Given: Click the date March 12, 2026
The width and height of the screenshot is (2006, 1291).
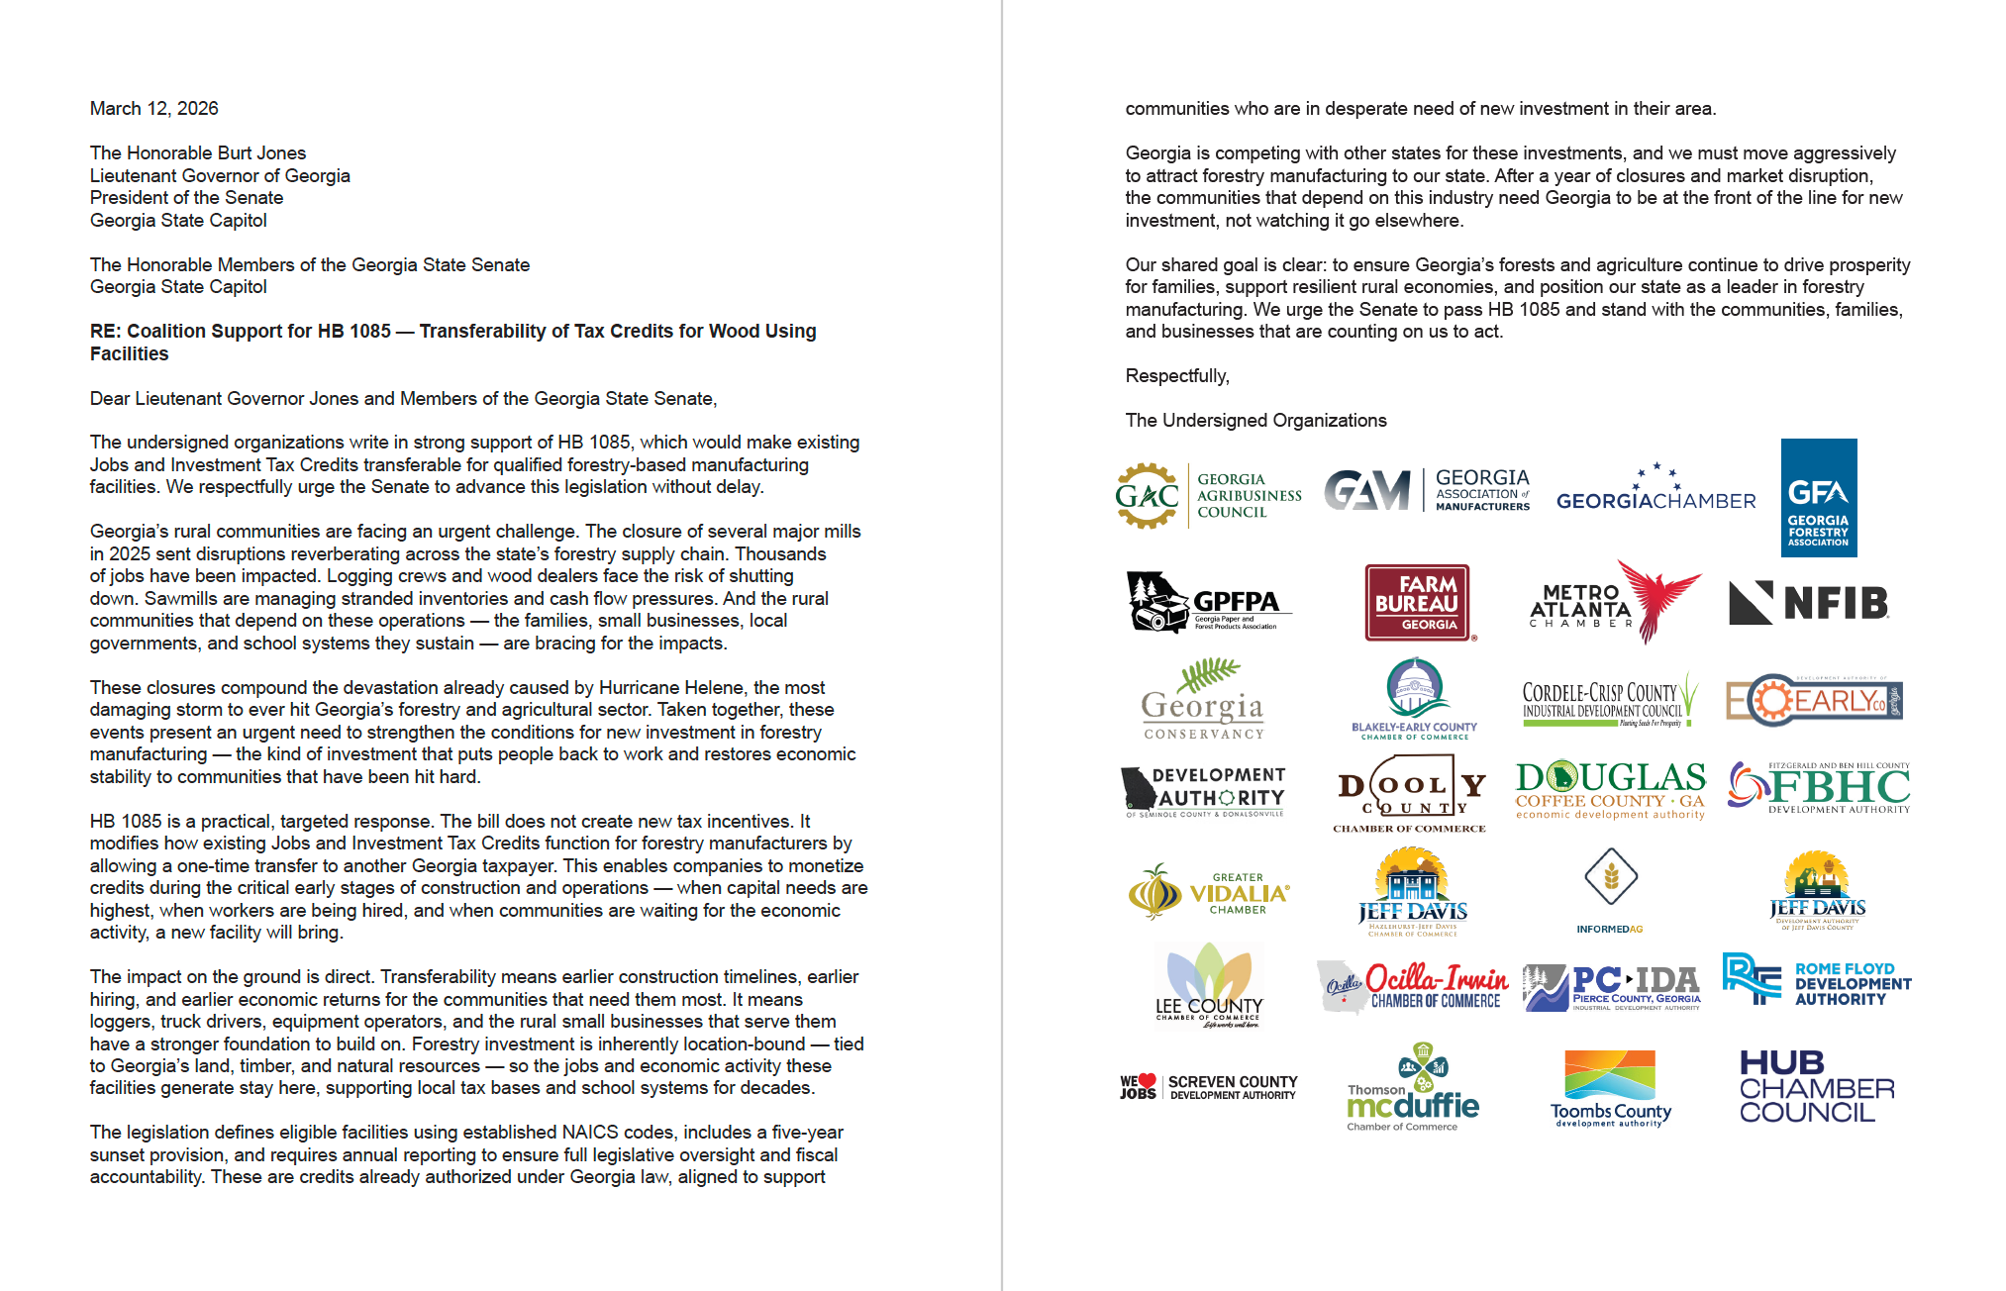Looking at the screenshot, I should click(153, 109).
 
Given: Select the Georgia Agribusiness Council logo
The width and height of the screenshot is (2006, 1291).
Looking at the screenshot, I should click(1208, 495).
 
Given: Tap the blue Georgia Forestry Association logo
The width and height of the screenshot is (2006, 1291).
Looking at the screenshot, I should click(1818, 498).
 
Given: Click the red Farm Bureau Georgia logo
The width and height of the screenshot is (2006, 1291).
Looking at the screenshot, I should click(1417, 603).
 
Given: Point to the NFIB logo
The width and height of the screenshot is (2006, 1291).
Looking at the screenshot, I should click(1809, 603).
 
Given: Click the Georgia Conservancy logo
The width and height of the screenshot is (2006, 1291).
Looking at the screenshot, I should click(1203, 703).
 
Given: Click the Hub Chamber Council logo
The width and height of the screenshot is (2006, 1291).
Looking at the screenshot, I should click(1817, 1087).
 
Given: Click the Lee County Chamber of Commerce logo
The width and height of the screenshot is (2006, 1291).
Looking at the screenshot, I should click(1209, 986).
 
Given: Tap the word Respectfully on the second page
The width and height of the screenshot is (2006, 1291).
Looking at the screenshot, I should click(1176, 376).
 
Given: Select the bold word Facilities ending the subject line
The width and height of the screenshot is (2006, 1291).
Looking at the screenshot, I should click(129, 354).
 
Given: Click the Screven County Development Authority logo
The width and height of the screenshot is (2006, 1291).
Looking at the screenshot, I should click(1208, 1087).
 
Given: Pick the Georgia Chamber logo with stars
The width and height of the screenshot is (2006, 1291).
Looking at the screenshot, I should click(1655, 488).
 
